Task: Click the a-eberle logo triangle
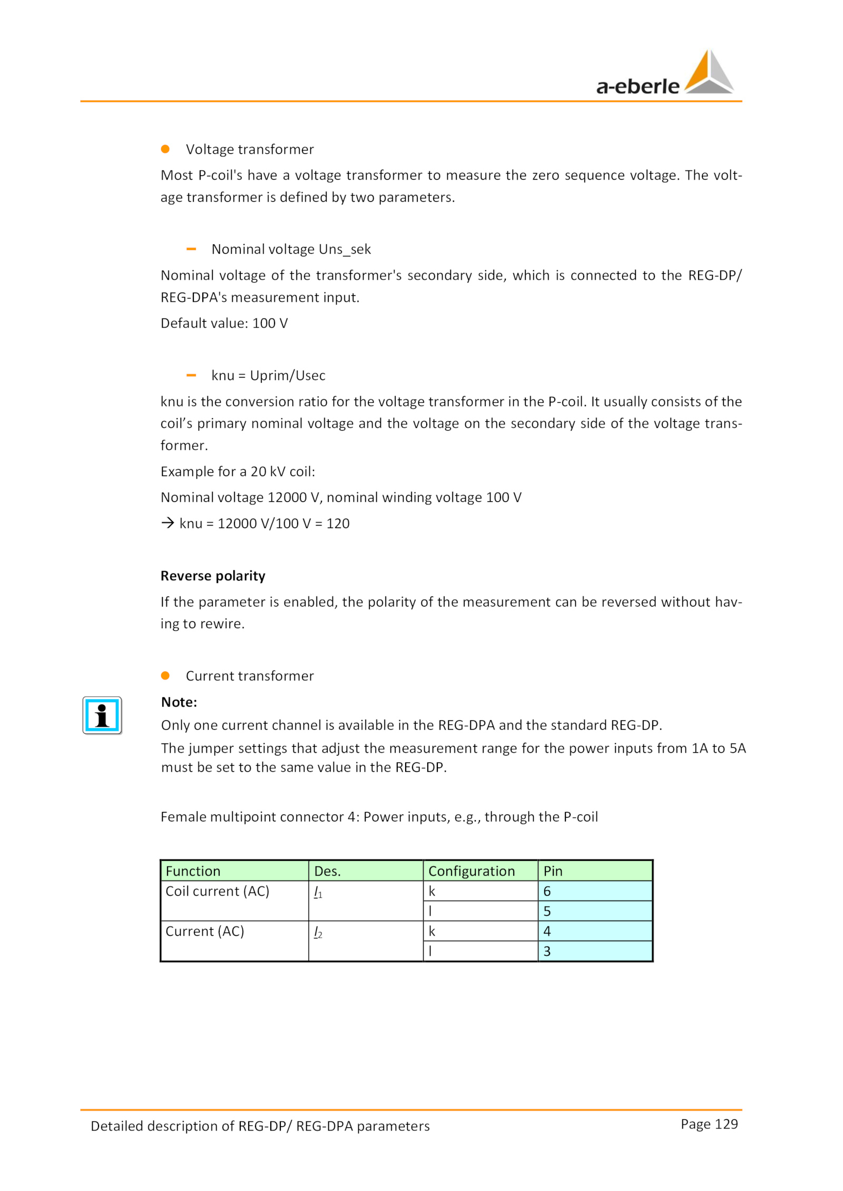click(709, 73)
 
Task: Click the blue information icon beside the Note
click(102, 714)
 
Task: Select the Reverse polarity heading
click(213, 575)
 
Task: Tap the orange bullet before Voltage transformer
click(165, 149)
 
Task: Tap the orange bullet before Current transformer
click(165, 675)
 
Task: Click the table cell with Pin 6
click(595, 891)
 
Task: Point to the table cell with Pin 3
click(595, 951)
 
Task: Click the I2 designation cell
click(365, 940)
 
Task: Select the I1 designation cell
click(365, 900)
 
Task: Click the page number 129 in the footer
click(709, 1124)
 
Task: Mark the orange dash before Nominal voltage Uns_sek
click(191, 249)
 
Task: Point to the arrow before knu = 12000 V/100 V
click(168, 523)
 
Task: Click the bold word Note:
click(179, 702)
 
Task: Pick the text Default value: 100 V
click(224, 323)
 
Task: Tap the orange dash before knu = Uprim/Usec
click(191, 375)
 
